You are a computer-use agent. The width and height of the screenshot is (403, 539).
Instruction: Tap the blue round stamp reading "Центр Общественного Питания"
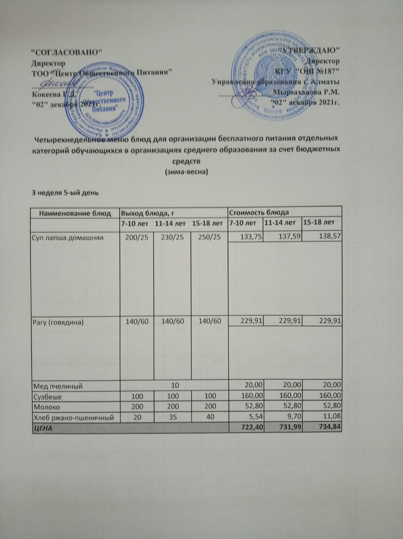click(x=104, y=100)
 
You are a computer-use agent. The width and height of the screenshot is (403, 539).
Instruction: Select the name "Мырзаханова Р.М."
click(x=306, y=92)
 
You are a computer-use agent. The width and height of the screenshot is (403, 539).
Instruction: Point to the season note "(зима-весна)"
click(x=186, y=172)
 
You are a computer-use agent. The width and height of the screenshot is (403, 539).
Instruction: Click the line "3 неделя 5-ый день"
click(x=65, y=193)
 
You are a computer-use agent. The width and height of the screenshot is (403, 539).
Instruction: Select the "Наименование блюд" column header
click(x=75, y=213)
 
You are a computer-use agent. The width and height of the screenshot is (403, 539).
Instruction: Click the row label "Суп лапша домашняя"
click(x=68, y=237)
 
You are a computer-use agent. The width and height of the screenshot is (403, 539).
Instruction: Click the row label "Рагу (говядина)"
click(x=58, y=322)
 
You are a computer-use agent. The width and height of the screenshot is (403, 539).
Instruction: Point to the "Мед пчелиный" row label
click(x=58, y=386)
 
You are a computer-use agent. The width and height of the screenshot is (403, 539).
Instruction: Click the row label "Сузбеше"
click(x=47, y=397)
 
